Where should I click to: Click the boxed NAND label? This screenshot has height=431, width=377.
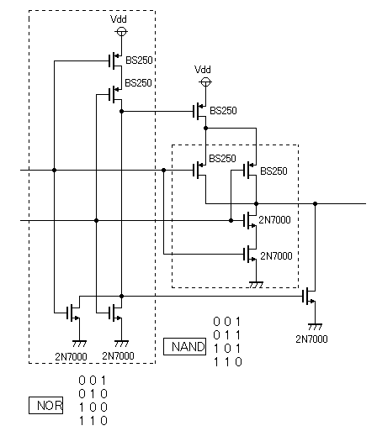tap(184, 346)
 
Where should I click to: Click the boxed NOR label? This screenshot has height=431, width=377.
tap(45, 405)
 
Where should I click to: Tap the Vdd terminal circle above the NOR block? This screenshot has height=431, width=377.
tap(121, 32)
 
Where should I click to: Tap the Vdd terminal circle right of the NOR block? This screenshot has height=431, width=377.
tap(205, 82)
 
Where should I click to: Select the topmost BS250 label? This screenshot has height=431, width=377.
tap(139, 60)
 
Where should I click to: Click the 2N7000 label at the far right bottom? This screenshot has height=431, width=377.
tap(311, 339)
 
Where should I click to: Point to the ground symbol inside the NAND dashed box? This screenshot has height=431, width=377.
tap(256, 285)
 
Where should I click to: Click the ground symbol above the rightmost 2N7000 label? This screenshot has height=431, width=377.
tap(315, 327)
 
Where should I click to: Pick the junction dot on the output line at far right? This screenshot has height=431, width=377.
tap(315, 203)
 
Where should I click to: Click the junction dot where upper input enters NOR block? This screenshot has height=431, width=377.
tap(54, 170)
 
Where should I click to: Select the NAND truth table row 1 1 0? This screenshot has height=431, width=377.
tap(227, 362)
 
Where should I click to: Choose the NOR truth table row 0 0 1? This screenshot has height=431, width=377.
tap(93, 381)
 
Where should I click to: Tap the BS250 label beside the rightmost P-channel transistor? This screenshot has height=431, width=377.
tap(273, 171)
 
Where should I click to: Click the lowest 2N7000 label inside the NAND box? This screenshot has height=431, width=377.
tap(276, 256)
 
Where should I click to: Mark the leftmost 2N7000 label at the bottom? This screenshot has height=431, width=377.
tap(71, 356)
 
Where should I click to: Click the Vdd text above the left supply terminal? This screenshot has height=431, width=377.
tap(119, 19)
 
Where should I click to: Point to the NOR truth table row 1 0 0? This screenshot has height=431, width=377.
tap(93, 407)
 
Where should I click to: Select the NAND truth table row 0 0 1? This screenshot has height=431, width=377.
tap(227, 322)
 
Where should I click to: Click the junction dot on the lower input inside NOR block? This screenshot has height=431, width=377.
tap(96, 220)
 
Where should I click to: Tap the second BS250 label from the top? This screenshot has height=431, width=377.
tap(138, 83)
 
